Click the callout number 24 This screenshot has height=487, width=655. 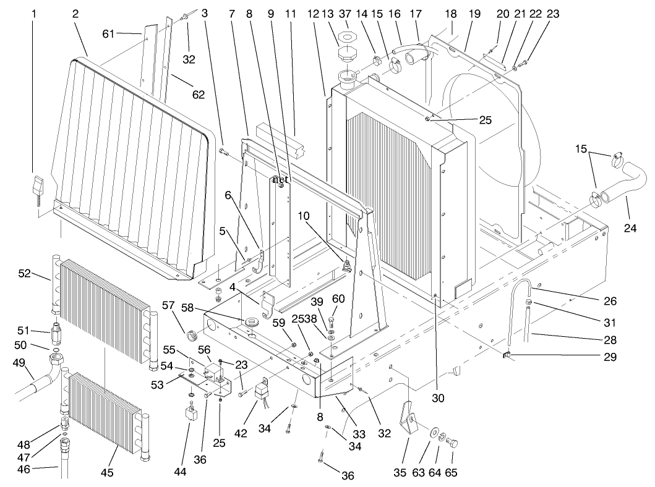(x=630, y=228)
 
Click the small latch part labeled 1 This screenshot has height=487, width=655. (x=38, y=186)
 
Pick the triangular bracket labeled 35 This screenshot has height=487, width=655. (x=409, y=421)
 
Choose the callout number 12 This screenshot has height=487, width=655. (x=313, y=13)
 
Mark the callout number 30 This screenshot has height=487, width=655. (x=437, y=399)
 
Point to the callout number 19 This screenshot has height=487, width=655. (x=473, y=13)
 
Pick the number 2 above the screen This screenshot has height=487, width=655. (x=75, y=13)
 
